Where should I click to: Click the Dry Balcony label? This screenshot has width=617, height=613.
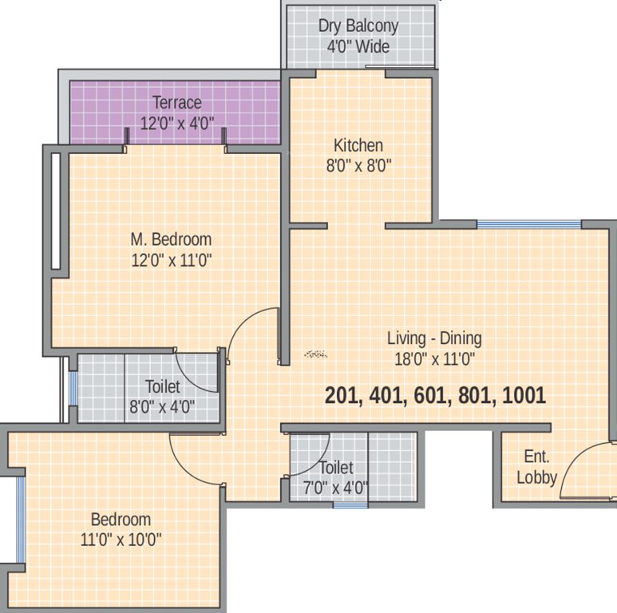pos(358,26)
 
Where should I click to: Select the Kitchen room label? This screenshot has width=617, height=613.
pos(358,145)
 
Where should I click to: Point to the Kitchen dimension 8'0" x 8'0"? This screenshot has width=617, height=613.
pos(358,166)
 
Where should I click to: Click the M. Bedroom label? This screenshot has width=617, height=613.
pos(171,239)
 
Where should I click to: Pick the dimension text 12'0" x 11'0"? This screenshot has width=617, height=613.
pos(171,259)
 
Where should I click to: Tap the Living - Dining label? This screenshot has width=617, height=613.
pos(434,338)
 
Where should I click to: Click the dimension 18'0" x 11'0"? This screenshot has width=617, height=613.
pos(434,358)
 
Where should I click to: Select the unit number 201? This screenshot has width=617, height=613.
pos(342,396)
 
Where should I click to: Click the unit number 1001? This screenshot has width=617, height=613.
pos(524,396)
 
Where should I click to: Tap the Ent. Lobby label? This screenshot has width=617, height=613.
pos(536,468)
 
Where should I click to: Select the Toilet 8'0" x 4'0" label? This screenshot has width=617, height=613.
pos(163,395)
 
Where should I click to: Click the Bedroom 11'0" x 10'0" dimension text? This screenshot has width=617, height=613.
pos(121,539)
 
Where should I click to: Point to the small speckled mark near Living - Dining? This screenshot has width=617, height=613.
pos(316,353)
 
